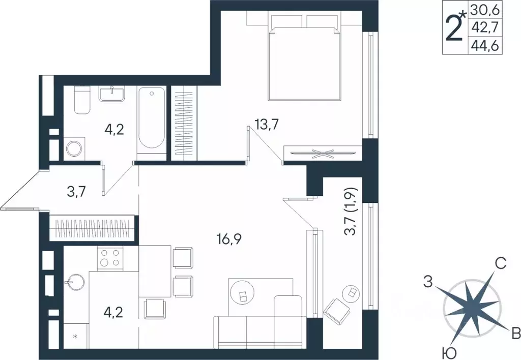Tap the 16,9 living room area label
point(228,238)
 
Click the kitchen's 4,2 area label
point(114,310)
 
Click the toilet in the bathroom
point(81,100)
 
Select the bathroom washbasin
point(111,94)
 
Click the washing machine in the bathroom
point(74,148)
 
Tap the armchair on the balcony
point(335,309)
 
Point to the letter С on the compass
point(500,263)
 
